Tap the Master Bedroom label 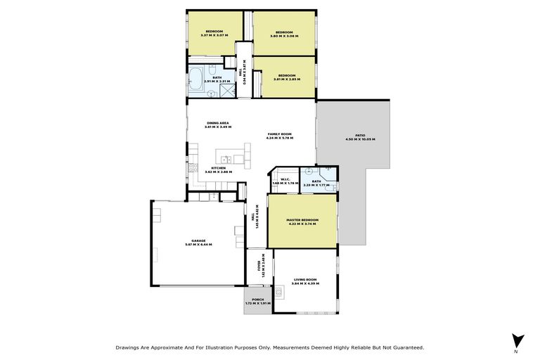click(302, 220)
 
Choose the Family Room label click(279, 134)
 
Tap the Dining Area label click(217, 123)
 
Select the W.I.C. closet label click(285, 179)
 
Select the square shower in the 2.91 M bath click(226, 89)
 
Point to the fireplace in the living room click(279, 290)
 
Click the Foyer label click(259, 269)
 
